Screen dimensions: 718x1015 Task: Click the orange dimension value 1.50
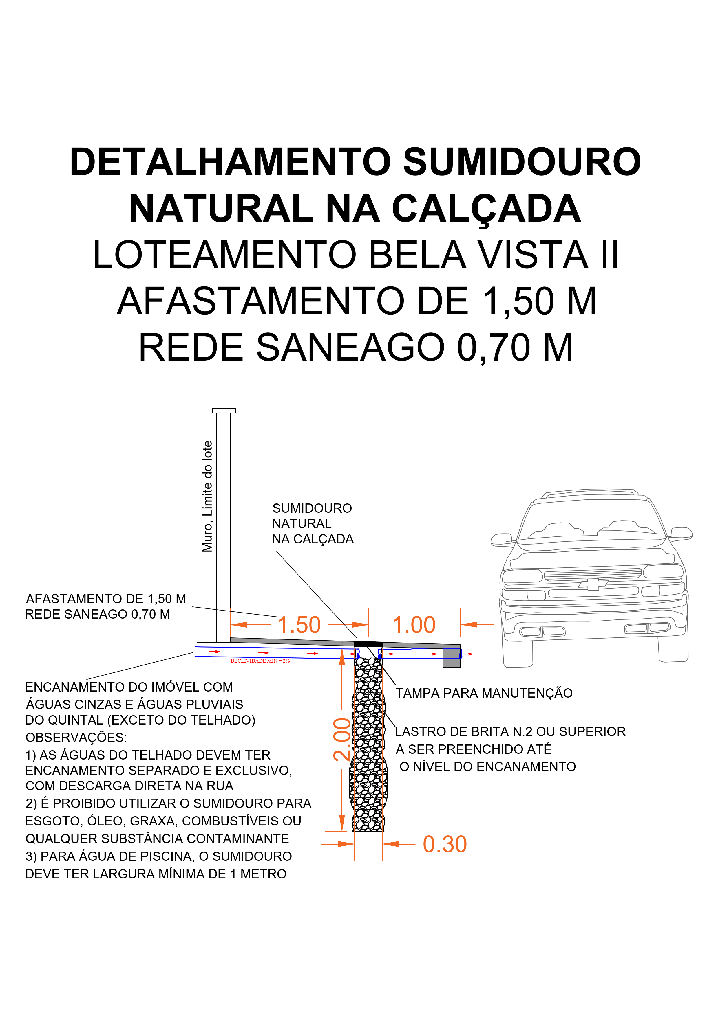(299, 625)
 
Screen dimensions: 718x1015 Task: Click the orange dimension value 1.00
(414, 625)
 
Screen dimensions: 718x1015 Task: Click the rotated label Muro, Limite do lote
(207, 496)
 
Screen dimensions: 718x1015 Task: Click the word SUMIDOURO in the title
(522, 162)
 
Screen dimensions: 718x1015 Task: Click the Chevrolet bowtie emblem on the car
(593, 584)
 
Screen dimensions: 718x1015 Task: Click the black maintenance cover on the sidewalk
(368, 644)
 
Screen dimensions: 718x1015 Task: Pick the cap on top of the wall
(224, 411)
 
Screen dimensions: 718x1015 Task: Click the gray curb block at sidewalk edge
(452, 658)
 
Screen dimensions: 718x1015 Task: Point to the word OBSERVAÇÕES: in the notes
(76, 737)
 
